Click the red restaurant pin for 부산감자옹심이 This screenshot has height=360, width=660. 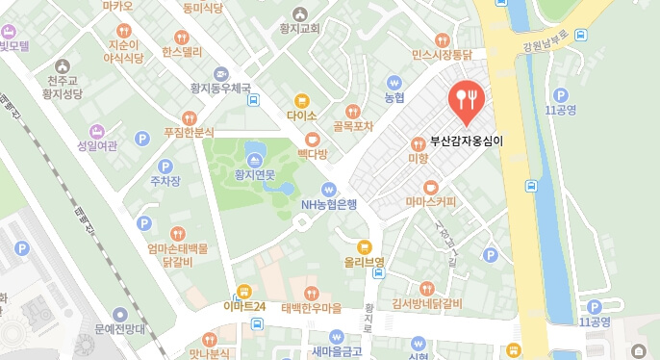click(466, 102)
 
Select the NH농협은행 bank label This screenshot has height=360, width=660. click(329, 204)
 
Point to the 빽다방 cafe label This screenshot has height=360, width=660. click(312, 154)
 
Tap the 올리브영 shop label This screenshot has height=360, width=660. click(364, 262)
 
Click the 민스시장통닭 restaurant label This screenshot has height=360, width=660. click(442, 56)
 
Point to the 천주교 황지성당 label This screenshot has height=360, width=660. click(64, 87)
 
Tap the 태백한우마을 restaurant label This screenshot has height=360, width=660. click(311, 308)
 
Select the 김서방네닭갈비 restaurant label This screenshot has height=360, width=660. click(427, 305)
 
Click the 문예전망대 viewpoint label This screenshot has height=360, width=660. click(119, 329)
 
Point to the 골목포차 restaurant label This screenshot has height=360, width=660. click(352, 125)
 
